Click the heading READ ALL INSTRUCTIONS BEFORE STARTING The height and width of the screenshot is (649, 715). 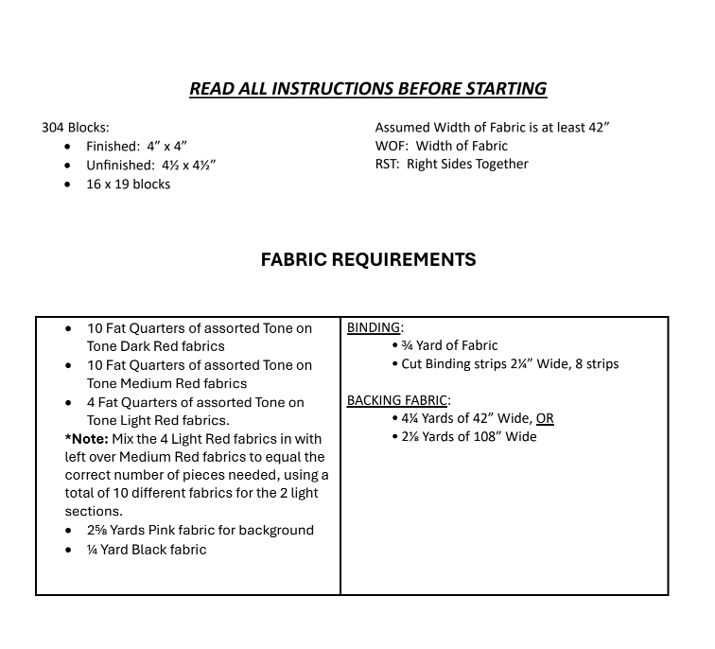367,89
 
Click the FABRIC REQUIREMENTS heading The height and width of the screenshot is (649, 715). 368,259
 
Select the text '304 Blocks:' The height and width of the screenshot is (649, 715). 76,127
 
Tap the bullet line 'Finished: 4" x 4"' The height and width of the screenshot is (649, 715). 136,146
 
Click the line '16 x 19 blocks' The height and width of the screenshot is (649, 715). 128,184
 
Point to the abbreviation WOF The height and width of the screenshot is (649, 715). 390,146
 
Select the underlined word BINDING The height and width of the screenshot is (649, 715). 373,327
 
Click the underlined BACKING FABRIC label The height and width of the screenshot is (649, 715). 396,400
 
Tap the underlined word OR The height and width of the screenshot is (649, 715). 545,418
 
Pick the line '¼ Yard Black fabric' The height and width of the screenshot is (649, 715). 146,550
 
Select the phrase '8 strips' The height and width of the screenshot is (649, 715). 597,363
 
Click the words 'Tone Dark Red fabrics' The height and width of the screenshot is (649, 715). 155,346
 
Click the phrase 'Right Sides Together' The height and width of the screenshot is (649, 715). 467,164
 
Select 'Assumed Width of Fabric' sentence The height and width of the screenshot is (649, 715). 492,127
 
